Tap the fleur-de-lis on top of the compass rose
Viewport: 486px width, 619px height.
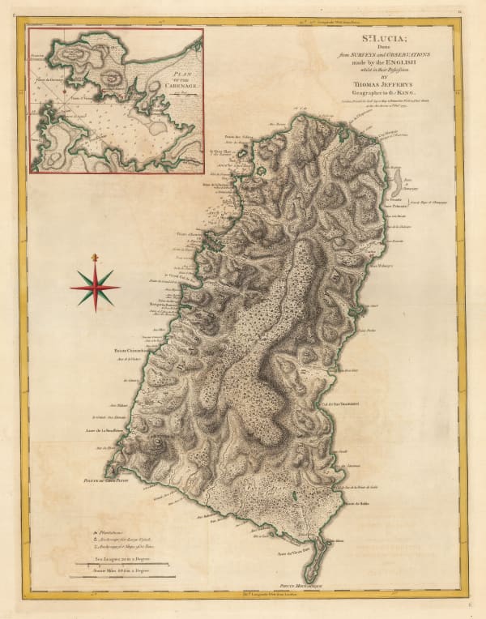coord(95,258)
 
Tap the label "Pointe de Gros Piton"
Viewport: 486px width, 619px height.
coord(132,480)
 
